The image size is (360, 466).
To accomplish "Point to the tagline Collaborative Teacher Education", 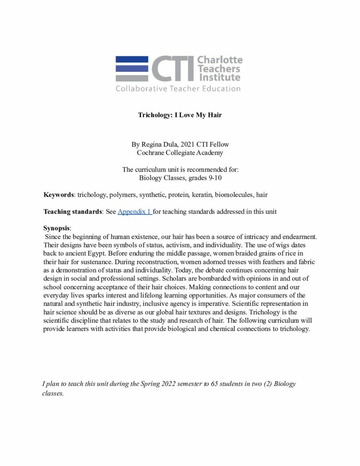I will [178, 89].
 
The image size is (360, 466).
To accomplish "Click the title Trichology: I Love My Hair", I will [180, 115].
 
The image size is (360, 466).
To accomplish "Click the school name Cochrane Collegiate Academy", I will [180, 152].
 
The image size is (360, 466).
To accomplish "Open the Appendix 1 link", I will [134, 212].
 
